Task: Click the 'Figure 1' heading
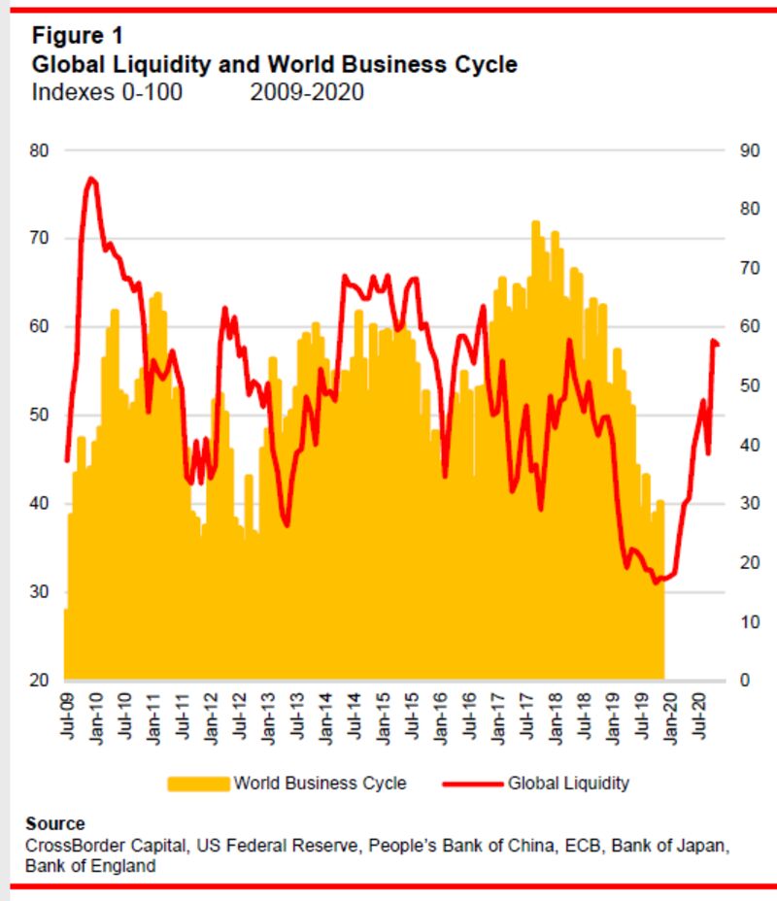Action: tap(78, 36)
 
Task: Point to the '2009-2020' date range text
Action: tap(307, 93)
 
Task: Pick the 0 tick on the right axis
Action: tap(745, 680)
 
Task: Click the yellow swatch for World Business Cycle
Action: tap(198, 783)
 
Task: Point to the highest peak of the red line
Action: tap(90, 179)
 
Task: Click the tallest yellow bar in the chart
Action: tap(535, 225)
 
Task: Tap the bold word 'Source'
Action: tap(55, 824)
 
